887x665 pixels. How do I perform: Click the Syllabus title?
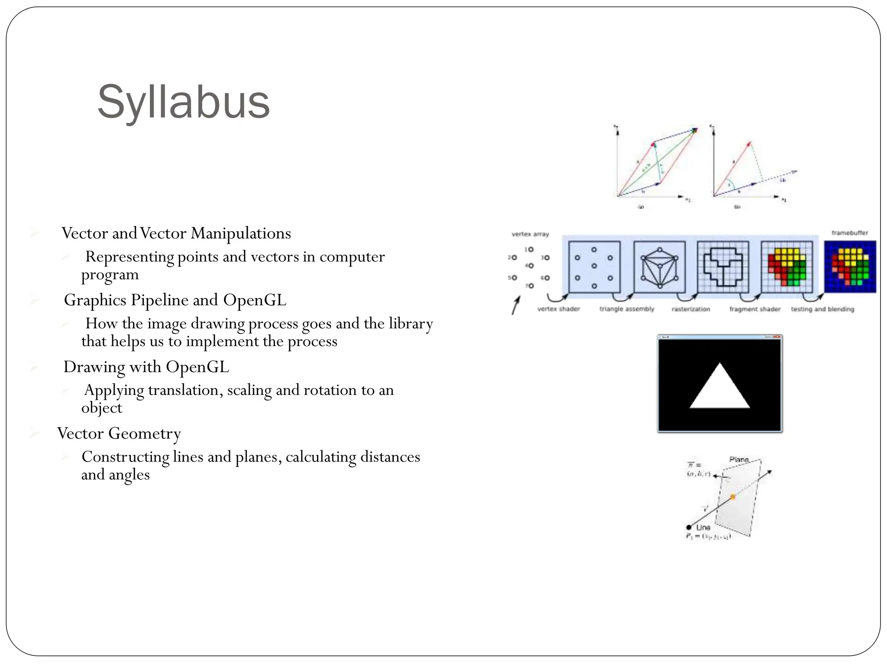tap(184, 102)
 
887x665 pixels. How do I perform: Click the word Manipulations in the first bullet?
tap(241, 233)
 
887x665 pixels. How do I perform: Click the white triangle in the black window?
tap(720, 390)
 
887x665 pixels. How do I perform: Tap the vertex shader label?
tap(558, 309)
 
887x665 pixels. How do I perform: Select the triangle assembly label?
tap(627, 309)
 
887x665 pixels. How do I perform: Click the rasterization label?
tap(691, 309)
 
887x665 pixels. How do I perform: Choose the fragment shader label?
tap(755, 309)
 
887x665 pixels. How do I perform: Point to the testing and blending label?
tap(822, 309)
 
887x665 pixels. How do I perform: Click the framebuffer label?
tap(850, 233)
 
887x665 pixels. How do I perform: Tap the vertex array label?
tap(530, 234)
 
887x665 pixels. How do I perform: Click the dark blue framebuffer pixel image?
tap(850, 267)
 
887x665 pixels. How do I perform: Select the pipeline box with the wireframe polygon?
tap(659, 268)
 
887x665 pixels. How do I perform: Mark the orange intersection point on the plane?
tap(733, 497)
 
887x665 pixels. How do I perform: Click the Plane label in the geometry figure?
tap(739, 459)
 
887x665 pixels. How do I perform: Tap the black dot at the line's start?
tap(689, 527)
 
